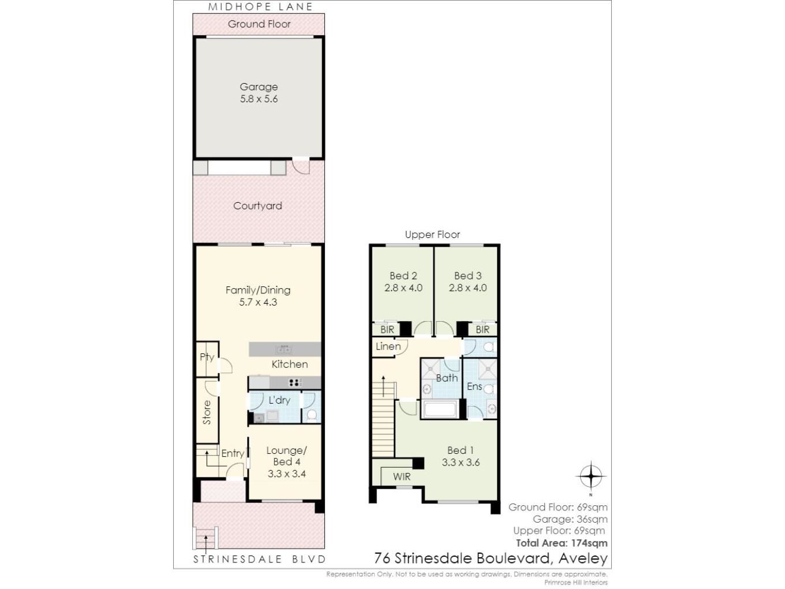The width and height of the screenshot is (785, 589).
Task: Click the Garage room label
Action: (x=259, y=87)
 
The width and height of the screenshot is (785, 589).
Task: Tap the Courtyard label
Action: (x=257, y=206)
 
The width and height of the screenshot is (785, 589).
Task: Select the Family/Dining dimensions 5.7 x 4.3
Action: (x=258, y=302)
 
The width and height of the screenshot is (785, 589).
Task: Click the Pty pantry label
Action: (x=207, y=357)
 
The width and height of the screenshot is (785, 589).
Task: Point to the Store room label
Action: (x=207, y=412)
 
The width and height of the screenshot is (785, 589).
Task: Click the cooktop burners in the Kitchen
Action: (x=295, y=383)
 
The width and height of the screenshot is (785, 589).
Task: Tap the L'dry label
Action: (x=279, y=400)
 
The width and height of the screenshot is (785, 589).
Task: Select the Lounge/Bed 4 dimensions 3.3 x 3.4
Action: (x=286, y=474)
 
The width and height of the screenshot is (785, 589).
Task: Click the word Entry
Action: (x=233, y=454)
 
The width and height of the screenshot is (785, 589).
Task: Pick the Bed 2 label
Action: (x=403, y=275)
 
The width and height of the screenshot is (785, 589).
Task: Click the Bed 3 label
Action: (x=468, y=275)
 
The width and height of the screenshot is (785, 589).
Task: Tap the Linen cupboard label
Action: (x=388, y=346)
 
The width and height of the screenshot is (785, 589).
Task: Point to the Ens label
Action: (x=474, y=386)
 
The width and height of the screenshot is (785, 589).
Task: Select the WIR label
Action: (x=402, y=477)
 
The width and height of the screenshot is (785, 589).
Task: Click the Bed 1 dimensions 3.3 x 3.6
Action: (x=461, y=463)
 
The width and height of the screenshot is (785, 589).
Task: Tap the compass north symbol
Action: (x=591, y=476)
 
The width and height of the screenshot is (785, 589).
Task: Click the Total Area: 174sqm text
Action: (x=562, y=543)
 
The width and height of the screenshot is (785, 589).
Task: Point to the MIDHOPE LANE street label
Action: (x=260, y=7)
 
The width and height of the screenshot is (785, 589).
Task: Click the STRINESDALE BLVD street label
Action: (x=259, y=559)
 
